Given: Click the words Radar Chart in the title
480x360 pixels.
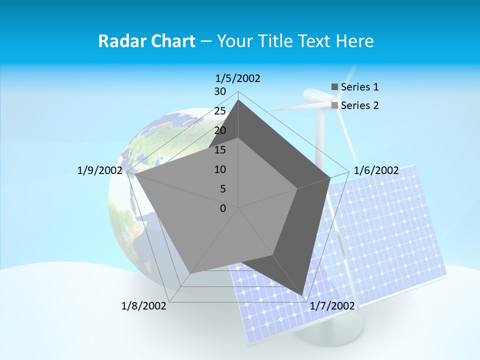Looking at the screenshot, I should point(146,41).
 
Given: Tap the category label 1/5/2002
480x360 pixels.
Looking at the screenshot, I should point(237,78).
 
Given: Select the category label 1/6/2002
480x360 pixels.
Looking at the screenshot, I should point(376,170).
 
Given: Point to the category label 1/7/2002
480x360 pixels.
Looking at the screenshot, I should point(332,305).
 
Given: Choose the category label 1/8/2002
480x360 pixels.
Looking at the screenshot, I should point(144,305).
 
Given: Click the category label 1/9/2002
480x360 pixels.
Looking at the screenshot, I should point(99,170).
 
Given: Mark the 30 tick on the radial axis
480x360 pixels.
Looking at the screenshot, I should point(220,91).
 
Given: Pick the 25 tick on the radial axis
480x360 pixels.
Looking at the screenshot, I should point(220,111).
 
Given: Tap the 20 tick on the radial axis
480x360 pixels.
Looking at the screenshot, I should point(220,130).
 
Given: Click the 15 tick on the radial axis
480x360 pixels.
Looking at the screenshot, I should point(220,150).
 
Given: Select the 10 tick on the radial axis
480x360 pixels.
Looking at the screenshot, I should point(220,169).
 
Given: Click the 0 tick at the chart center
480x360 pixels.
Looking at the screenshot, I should point(223,208).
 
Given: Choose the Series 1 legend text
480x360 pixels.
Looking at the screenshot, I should point(359,87).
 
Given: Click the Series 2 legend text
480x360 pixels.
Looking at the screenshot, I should point(359,105).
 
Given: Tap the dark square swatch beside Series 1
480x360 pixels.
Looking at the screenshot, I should point(334,87).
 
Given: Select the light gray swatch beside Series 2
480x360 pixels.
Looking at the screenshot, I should point(334,105).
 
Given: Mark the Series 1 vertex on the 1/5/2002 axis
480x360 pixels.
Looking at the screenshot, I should point(238,100).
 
